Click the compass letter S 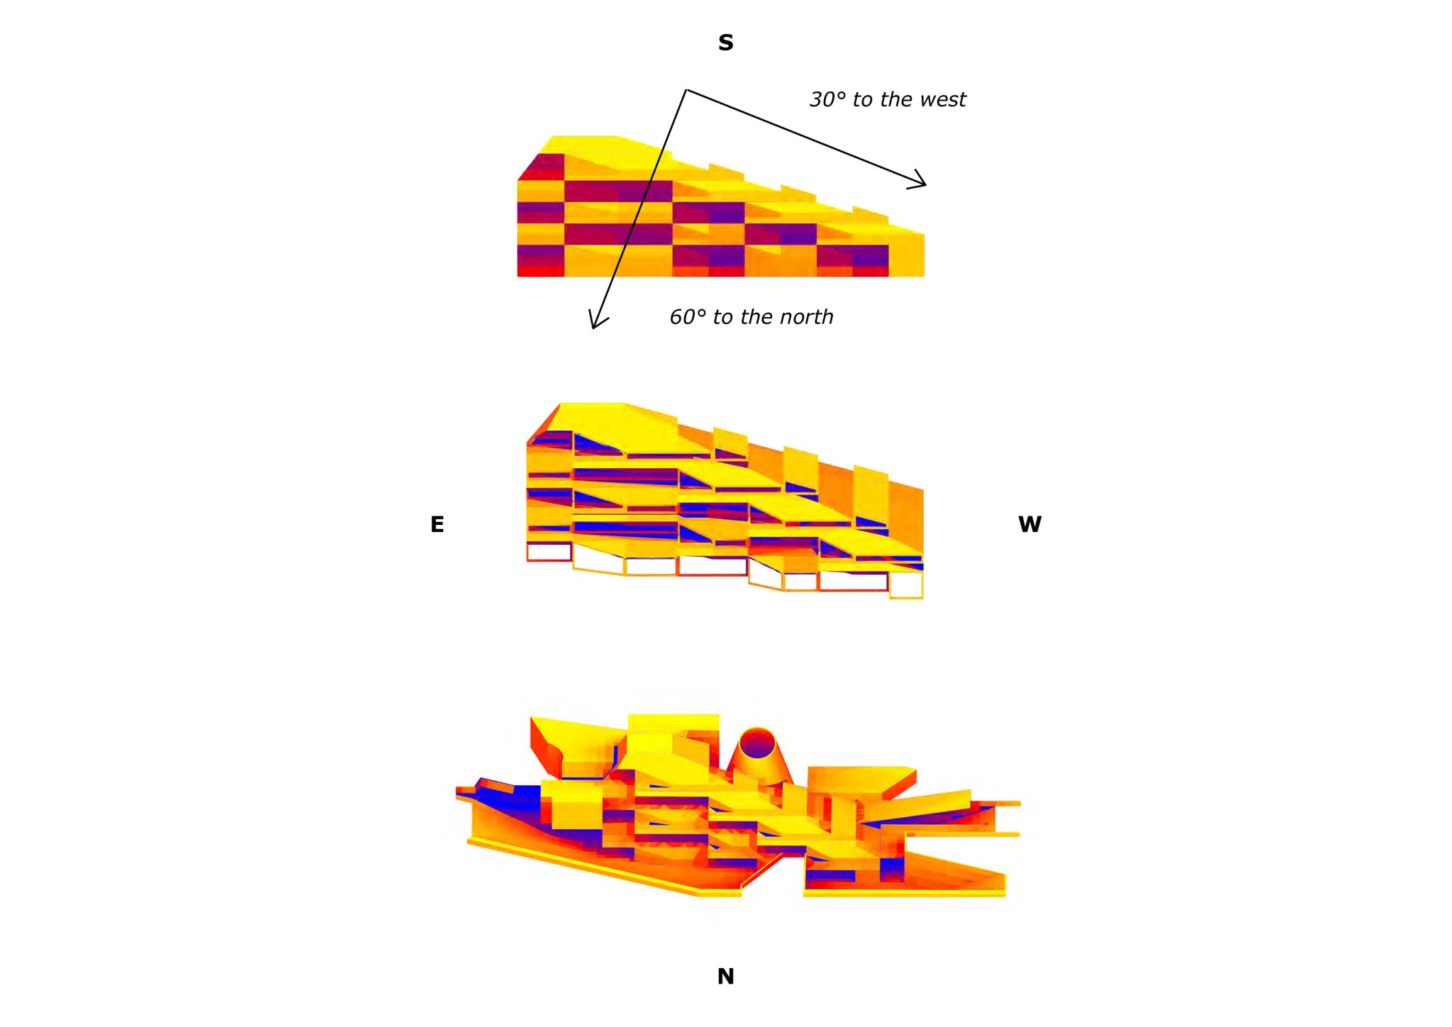click(x=725, y=43)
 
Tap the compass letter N click(x=725, y=977)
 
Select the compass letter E click(x=437, y=524)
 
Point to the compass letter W click(x=1029, y=524)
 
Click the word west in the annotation click(x=944, y=100)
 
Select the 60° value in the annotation click(x=688, y=317)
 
